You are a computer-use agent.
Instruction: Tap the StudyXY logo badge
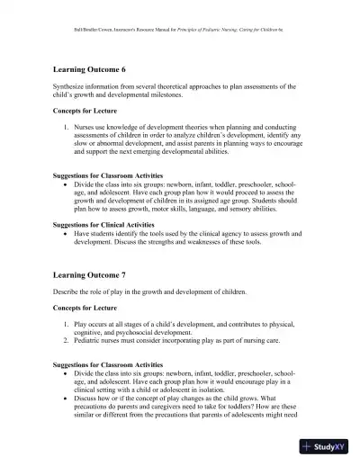[328, 447]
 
